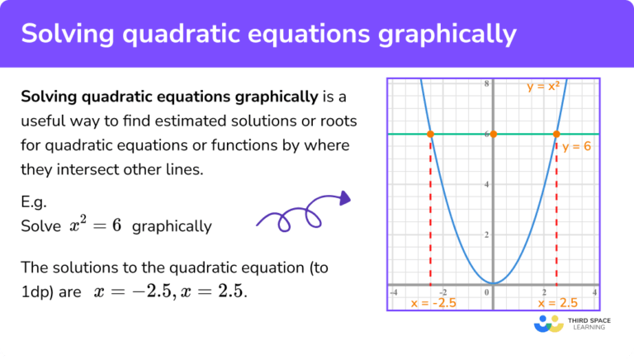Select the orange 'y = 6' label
(x=577, y=146)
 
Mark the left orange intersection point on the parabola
(x=430, y=134)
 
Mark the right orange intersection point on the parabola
(x=556, y=134)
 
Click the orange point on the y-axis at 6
(x=493, y=134)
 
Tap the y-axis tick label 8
(x=487, y=84)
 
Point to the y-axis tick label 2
(x=487, y=234)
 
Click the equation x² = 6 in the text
(x=96, y=225)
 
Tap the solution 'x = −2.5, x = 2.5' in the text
(x=172, y=291)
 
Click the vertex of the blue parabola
(x=493, y=283)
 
